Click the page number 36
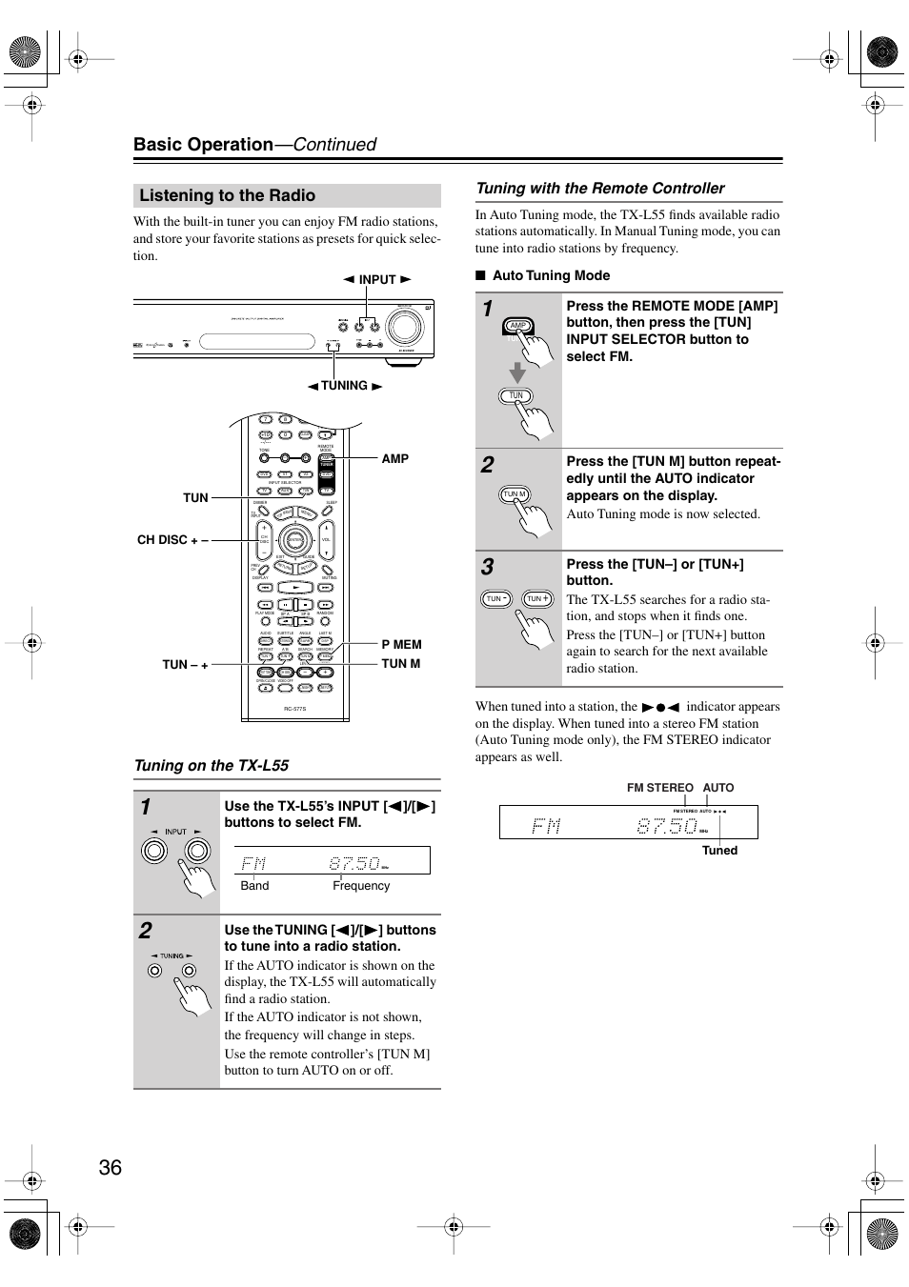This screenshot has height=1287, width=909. [110, 1167]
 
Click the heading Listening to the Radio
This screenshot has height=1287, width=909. [227, 195]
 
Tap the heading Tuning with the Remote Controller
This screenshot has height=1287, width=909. [599, 189]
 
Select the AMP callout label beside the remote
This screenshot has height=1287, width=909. [394, 458]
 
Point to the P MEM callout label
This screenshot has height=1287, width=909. [401, 644]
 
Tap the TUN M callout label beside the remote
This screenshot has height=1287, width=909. [400, 663]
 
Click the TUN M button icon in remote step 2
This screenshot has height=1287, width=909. [515, 494]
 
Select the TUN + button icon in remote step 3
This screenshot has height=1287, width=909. [537, 598]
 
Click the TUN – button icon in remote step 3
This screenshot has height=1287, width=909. [495, 598]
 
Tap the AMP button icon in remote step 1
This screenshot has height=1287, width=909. [517, 326]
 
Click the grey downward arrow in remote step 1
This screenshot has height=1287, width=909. [516, 371]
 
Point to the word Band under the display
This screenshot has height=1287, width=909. [254, 886]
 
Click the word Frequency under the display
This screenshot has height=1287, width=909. [361, 886]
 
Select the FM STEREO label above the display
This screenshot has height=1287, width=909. [659, 788]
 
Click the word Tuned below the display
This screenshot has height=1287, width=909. [719, 851]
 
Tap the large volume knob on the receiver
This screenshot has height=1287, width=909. [405, 326]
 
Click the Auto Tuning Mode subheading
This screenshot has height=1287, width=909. [550, 275]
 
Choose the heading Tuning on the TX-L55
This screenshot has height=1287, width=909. [212, 765]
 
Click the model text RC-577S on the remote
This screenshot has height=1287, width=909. [294, 709]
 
